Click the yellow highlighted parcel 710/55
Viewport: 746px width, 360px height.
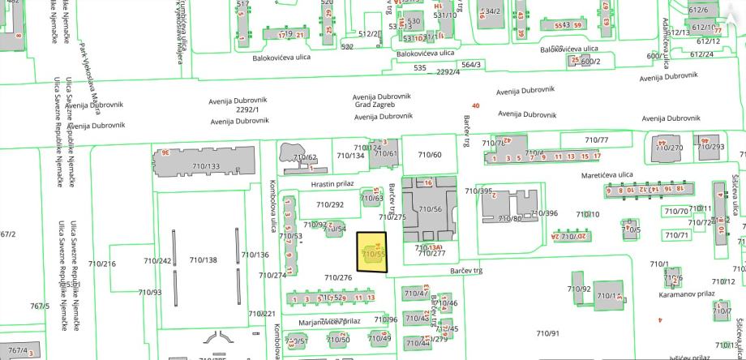click(372, 255)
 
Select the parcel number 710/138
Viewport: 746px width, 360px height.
click(203, 259)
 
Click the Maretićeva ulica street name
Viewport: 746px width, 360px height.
click(607, 174)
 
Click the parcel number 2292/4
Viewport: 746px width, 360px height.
click(448, 72)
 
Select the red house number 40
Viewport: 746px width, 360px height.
click(475, 105)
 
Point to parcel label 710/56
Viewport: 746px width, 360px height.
click(430, 209)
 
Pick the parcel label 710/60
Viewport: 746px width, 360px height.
click(430, 154)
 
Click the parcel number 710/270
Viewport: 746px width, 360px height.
click(669, 148)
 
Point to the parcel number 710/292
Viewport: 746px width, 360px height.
click(330, 204)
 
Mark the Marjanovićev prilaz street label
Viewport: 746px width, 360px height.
click(330, 321)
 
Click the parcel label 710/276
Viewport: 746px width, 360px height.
click(338, 278)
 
